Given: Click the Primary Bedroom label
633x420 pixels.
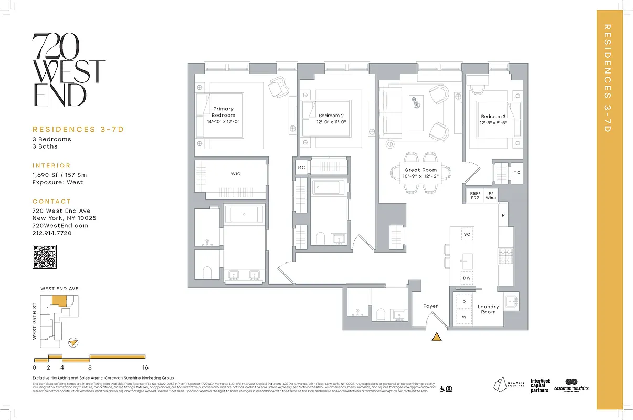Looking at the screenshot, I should [x=224, y=112].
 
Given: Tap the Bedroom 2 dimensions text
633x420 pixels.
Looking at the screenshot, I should [x=332, y=122].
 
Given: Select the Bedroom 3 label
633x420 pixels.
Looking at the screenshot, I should [x=493, y=117].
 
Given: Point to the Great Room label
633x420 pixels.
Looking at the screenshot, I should [x=420, y=170].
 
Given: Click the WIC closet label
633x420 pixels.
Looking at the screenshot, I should [x=236, y=174].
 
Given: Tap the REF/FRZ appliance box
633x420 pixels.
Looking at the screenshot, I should [x=474, y=196].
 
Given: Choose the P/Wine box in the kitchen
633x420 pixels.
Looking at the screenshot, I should [x=491, y=196].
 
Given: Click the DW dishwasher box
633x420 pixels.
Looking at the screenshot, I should [x=467, y=278].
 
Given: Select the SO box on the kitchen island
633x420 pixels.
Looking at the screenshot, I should [x=467, y=234].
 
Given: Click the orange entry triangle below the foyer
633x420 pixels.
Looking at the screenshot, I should [x=436, y=337].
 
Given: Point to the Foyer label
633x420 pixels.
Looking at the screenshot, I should [x=430, y=306].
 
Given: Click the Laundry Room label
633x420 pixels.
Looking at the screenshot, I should [x=488, y=309].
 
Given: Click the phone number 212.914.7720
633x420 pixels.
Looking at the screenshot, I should [x=52, y=233].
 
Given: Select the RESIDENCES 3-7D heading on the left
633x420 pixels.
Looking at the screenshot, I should [x=78, y=129].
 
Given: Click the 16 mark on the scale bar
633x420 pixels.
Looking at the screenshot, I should [x=145, y=367].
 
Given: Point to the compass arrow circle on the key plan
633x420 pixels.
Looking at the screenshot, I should [x=75, y=342].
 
